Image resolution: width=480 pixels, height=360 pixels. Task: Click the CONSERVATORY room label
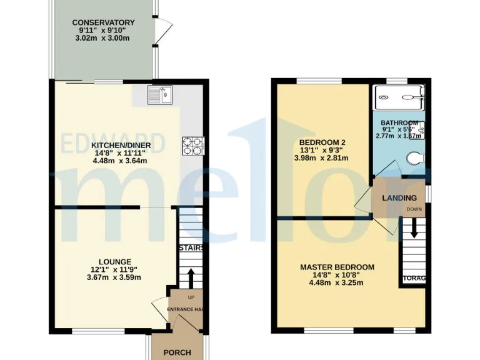point(103,23)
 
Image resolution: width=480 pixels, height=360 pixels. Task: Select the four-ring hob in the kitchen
point(192,146)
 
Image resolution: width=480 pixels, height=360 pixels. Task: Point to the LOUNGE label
point(114,261)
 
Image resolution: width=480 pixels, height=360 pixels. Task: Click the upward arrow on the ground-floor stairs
point(191,277)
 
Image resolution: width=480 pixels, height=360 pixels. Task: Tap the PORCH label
point(177,352)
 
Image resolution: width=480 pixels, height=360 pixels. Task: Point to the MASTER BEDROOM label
point(337,267)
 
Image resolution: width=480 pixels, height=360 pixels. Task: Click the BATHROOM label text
point(399,122)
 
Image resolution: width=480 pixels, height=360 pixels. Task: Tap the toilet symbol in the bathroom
point(414,159)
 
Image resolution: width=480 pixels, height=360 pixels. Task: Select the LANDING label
point(399,198)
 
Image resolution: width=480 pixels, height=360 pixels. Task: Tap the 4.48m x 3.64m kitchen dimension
point(120,161)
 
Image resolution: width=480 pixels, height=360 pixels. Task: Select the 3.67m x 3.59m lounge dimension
point(114,278)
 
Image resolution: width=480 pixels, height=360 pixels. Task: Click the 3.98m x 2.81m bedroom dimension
point(321,158)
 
